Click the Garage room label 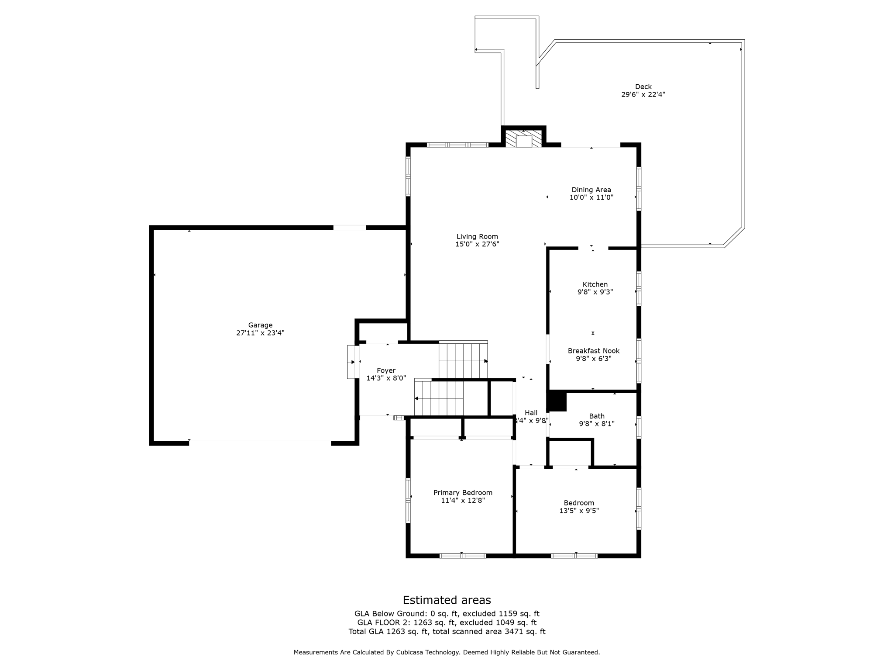pyautogui.click(x=260, y=325)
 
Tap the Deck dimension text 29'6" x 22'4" pyautogui.click(x=643, y=94)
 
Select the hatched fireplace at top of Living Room pyautogui.click(x=523, y=138)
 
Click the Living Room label pyautogui.click(x=477, y=237)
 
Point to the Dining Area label pyautogui.click(x=591, y=190)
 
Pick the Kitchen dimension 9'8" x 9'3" pyautogui.click(x=595, y=292)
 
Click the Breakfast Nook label pyautogui.click(x=593, y=351)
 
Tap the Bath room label pyautogui.click(x=597, y=416)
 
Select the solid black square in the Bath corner pyautogui.click(x=557, y=401)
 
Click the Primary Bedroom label pyautogui.click(x=463, y=493)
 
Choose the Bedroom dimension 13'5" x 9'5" pyautogui.click(x=579, y=511)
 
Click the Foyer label pyautogui.click(x=386, y=370)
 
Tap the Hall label pyautogui.click(x=531, y=413)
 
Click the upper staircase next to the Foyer pyautogui.click(x=463, y=361)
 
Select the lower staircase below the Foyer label pyautogui.click(x=438, y=398)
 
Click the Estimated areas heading pyautogui.click(x=447, y=600)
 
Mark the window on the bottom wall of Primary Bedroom pyautogui.click(x=463, y=556)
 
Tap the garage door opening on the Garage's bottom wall pyautogui.click(x=260, y=443)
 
